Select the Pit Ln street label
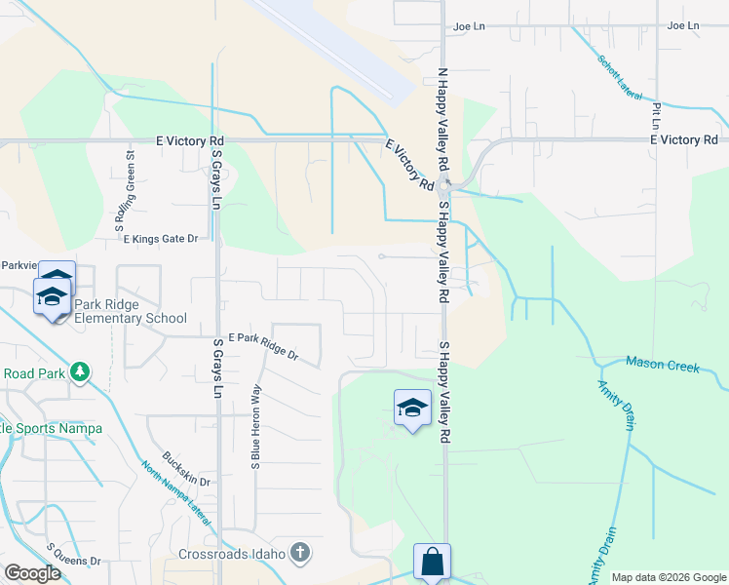point(656,114)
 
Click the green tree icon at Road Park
point(80,372)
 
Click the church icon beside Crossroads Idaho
point(300,553)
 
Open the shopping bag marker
point(432,562)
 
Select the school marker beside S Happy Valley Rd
point(412,408)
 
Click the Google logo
point(32,573)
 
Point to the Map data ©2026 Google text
point(669,577)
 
